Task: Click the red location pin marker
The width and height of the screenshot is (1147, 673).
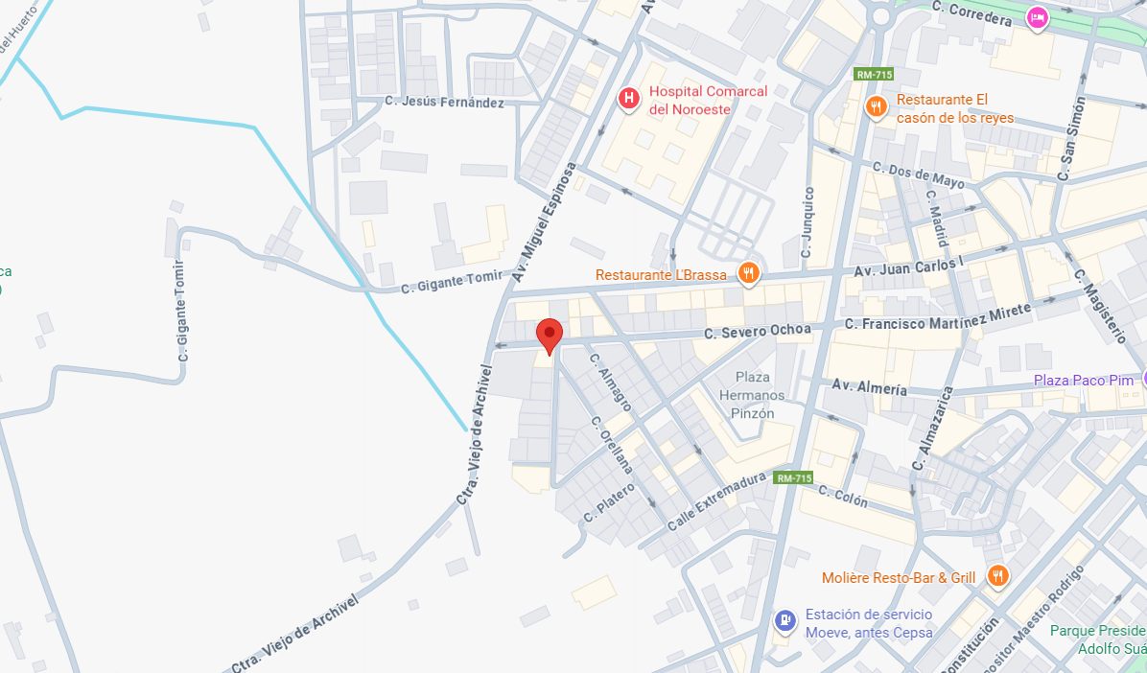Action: pyautogui.click(x=549, y=336)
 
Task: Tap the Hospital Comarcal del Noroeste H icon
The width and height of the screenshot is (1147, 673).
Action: pyautogui.click(x=628, y=98)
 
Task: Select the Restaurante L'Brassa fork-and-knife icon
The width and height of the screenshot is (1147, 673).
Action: pyautogui.click(x=749, y=275)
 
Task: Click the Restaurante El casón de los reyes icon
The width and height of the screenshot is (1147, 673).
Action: pyautogui.click(x=875, y=106)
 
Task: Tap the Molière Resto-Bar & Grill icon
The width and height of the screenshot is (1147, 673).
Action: pyautogui.click(x=997, y=576)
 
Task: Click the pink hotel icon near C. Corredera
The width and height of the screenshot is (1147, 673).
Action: pyautogui.click(x=1036, y=17)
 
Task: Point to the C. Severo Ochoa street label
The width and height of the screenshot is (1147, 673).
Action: pyautogui.click(x=757, y=332)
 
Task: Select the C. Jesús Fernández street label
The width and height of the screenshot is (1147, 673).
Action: pyautogui.click(x=444, y=102)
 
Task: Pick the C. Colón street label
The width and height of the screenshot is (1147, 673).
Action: pyautogui.click(x=843, y=496)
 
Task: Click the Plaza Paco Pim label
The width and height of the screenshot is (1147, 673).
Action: pyautogui.click(x=1084, y=381)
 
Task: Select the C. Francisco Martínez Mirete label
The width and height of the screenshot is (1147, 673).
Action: pyautogui.click(x=938, y=317)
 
